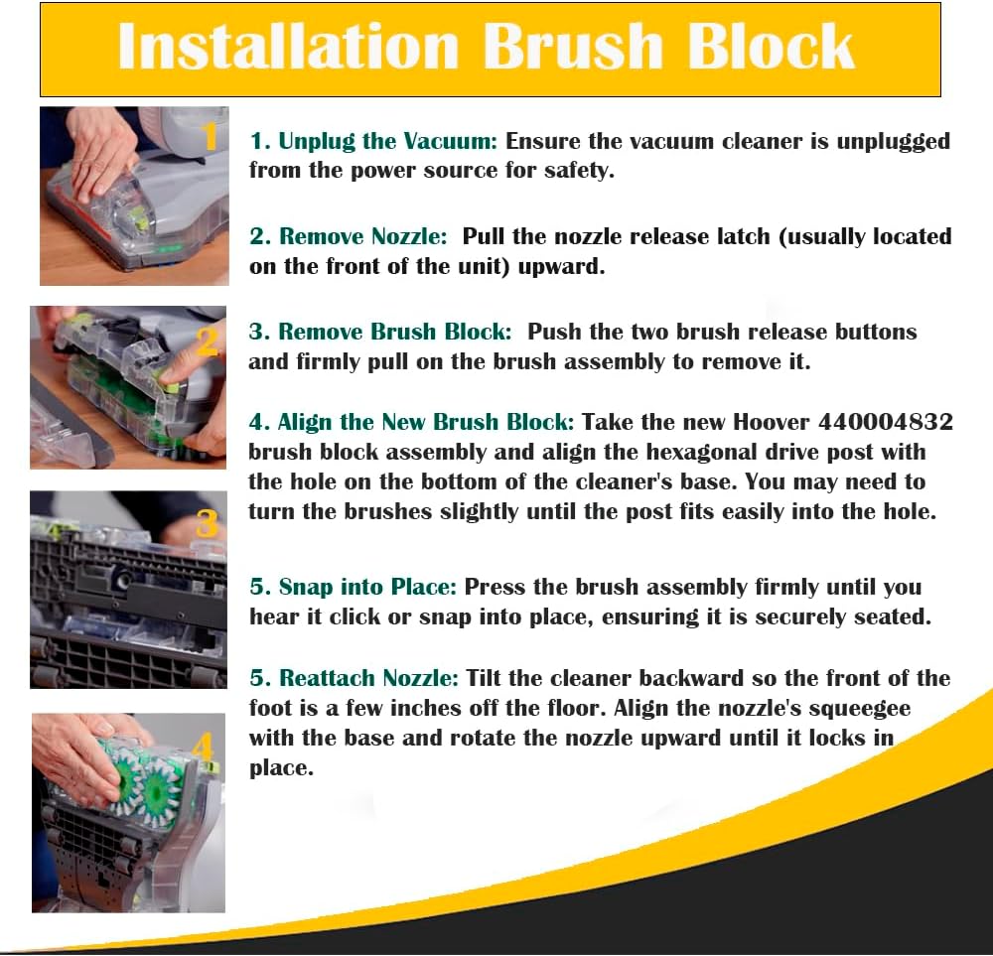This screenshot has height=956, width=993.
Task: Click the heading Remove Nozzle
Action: pyautogui.click(x=363, y=237)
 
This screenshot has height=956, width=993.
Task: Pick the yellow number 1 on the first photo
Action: pyautogui.click(x=210, y=137)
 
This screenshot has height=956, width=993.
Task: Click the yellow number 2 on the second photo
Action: pyautogui.click(x=208, y=341)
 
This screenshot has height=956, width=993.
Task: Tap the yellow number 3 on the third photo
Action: pyautogui.click(x=207, y=522)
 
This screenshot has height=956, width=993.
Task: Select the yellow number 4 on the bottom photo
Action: pyautogui.click(x=203, y=747)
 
